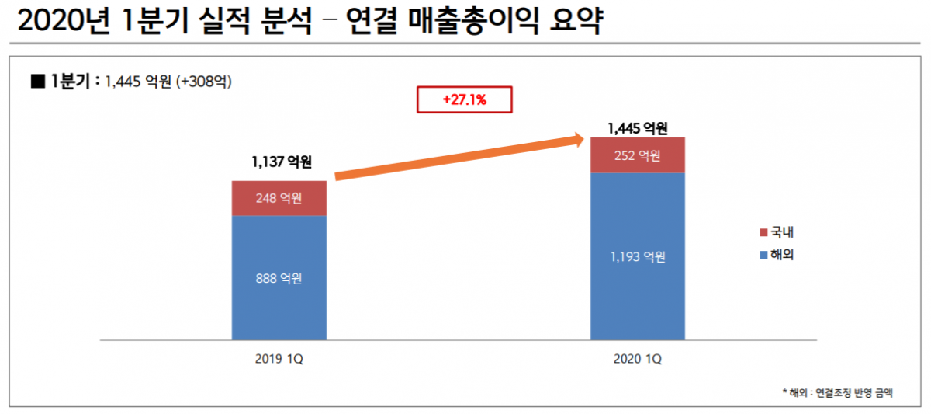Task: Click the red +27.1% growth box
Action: (465, 100)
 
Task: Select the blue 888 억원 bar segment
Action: (279, 277)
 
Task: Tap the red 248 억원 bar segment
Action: (279, 198)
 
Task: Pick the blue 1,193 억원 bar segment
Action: (638, 256)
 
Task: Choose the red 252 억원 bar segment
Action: (638, 155)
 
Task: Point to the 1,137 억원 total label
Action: (281, 162)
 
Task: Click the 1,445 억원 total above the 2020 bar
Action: (638, 127)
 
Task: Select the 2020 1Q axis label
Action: (638, 360)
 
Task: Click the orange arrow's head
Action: (577, 140)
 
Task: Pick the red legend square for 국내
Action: (762, 232)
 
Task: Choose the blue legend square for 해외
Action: (762, 254)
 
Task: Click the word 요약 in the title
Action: (575, 21)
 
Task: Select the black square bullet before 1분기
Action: (36, 80)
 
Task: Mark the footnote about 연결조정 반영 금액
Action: (837, 392)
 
